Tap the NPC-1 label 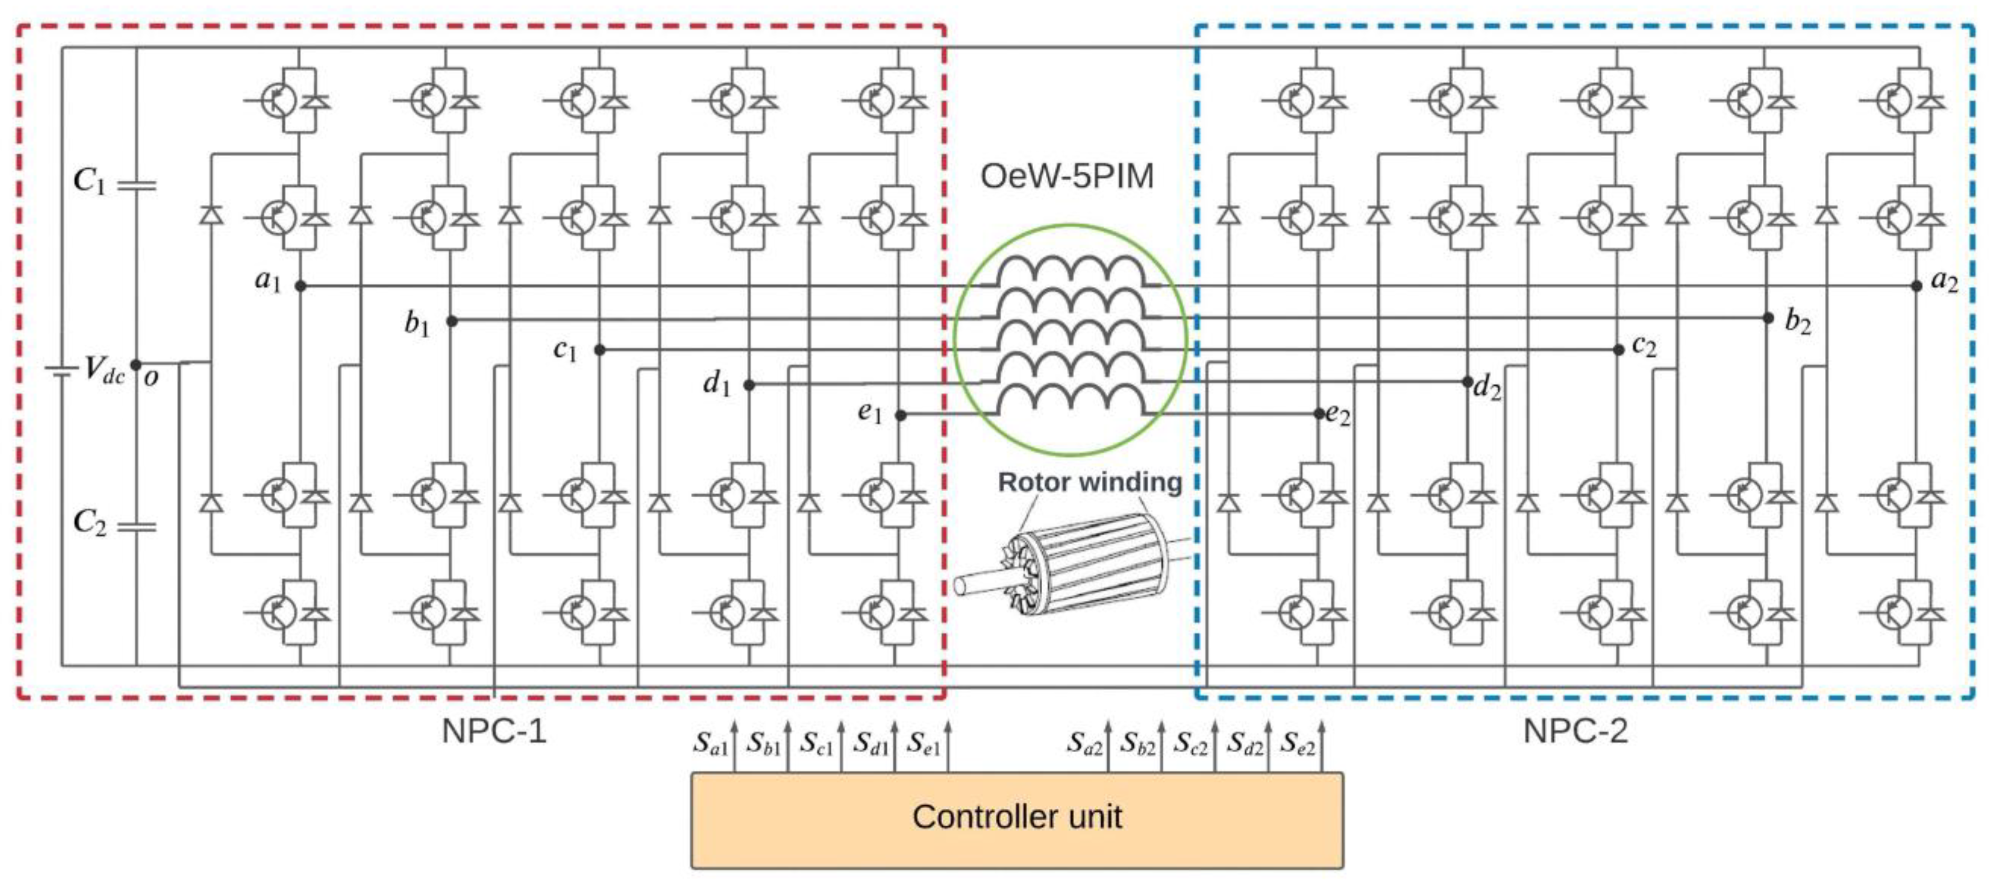click(494, 731)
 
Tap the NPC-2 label click(1575, 731)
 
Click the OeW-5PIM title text click(1066, 177)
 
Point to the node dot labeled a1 click(300, 286)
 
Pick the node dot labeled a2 click(1916, 286)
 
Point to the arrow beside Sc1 click(841, 745)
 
